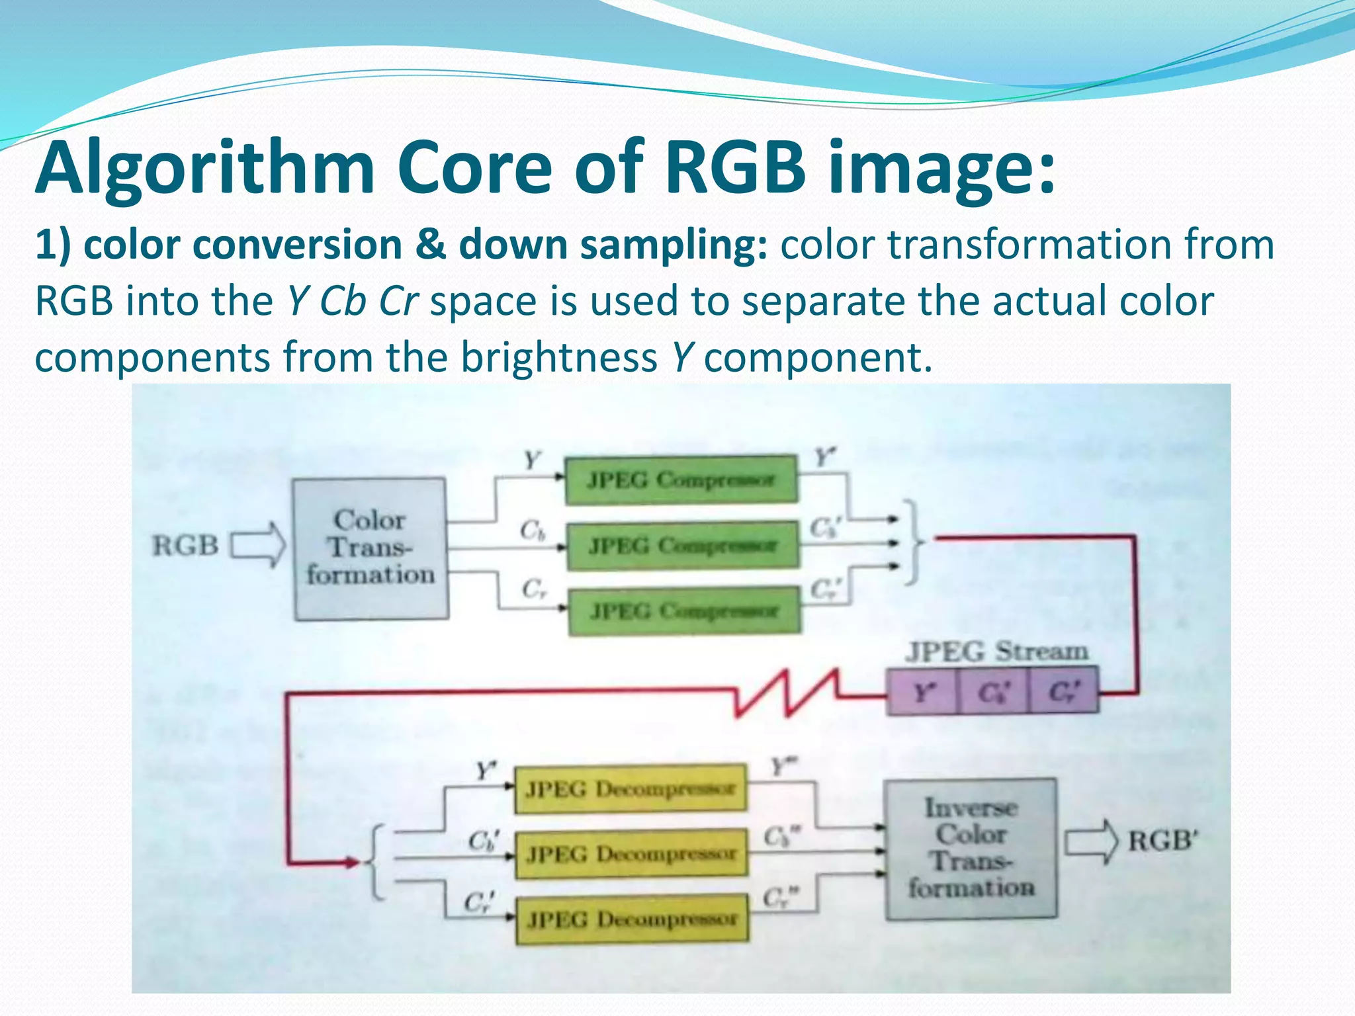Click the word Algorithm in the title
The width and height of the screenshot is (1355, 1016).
click(205, 169)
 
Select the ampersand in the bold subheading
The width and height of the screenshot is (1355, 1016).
click(430, 245)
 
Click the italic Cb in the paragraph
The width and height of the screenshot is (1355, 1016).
click(343, 301)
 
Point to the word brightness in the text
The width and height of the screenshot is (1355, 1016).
click(559, 357)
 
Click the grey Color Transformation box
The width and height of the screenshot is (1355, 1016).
click(371, 548)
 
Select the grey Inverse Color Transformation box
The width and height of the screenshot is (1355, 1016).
click(971, 849)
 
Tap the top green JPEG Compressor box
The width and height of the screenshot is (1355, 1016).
click(681, 480)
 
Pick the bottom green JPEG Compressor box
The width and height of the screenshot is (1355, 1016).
click(684, 611)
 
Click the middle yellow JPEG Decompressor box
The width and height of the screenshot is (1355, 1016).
click(631, 854)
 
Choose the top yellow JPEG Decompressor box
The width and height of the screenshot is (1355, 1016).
click(631, 789)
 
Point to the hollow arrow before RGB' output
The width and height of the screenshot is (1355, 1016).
click(1090, 842)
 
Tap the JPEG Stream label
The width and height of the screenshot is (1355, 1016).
click(996, 652)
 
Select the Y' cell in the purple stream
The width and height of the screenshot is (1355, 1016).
click(922, 692)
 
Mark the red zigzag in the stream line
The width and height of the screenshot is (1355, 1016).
click(787, 693)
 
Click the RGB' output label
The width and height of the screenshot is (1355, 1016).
click(1163, 841)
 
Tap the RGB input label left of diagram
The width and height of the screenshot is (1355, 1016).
click(185, 546)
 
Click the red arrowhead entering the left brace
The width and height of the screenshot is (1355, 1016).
click(349, 862)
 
